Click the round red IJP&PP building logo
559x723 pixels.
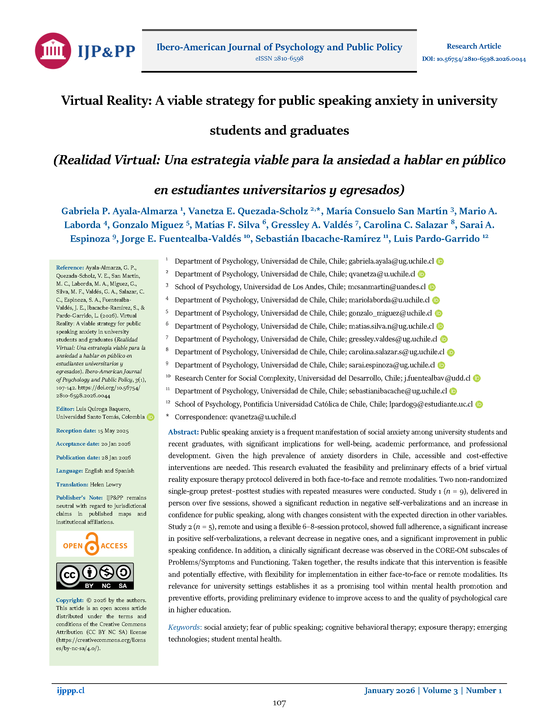[x=53, y=51]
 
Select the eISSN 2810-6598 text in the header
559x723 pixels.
[x=279, y=58]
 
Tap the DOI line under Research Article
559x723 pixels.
[x=474, y=59]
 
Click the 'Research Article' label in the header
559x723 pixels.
[x=474, y=46]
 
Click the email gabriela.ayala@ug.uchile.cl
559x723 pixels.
[x=391, y=261]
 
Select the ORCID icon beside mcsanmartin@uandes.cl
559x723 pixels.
[x=432, y=287]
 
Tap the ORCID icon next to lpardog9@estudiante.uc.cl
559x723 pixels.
[x=479, y=404]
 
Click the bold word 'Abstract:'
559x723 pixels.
[x=183, y=432]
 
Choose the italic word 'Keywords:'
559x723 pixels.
[x=185, y=627]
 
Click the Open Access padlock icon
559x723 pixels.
[x=92, y=544]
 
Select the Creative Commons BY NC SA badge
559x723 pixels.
[x=95, y=576]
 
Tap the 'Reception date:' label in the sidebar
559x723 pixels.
[x=76, y=431]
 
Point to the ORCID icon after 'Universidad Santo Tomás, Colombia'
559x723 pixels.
[x=151, y=417]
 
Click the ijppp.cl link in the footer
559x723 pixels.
[x=71, y=690]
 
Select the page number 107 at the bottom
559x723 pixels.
[x=279, y=703]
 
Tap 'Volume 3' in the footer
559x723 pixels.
[x=440, y=690]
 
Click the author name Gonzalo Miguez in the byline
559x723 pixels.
[x=148, y=225]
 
